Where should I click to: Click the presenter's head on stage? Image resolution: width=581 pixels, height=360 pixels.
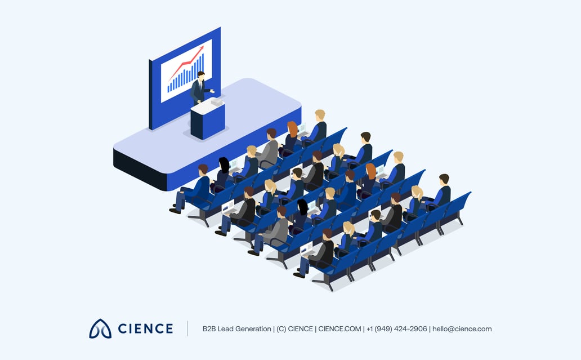point(201,75)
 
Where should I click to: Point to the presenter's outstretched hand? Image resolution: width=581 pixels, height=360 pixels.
point(212,91)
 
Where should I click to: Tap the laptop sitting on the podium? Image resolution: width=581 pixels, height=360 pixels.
point(217,101)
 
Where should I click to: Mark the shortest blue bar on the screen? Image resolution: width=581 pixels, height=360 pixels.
point(168,88)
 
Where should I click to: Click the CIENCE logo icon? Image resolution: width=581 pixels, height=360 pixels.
point(100,328)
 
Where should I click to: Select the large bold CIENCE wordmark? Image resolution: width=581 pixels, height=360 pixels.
point(145,328)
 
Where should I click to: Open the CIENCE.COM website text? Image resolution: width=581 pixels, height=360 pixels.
point(339,329)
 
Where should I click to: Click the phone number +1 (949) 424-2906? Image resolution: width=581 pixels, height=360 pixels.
point(396,329)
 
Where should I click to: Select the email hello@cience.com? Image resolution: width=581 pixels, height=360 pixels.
point(462,329)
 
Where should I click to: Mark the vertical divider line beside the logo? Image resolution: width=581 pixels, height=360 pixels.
point(187,328)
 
